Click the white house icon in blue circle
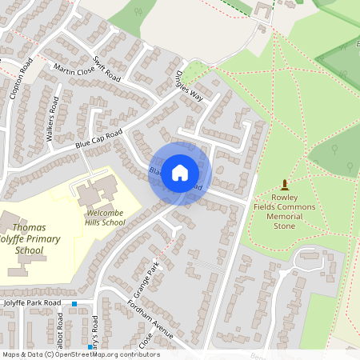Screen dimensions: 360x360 180,172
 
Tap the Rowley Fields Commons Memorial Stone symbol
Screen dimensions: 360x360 284,185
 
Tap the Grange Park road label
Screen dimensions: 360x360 152,277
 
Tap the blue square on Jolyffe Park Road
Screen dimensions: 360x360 74,304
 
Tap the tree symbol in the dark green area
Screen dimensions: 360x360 350,166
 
